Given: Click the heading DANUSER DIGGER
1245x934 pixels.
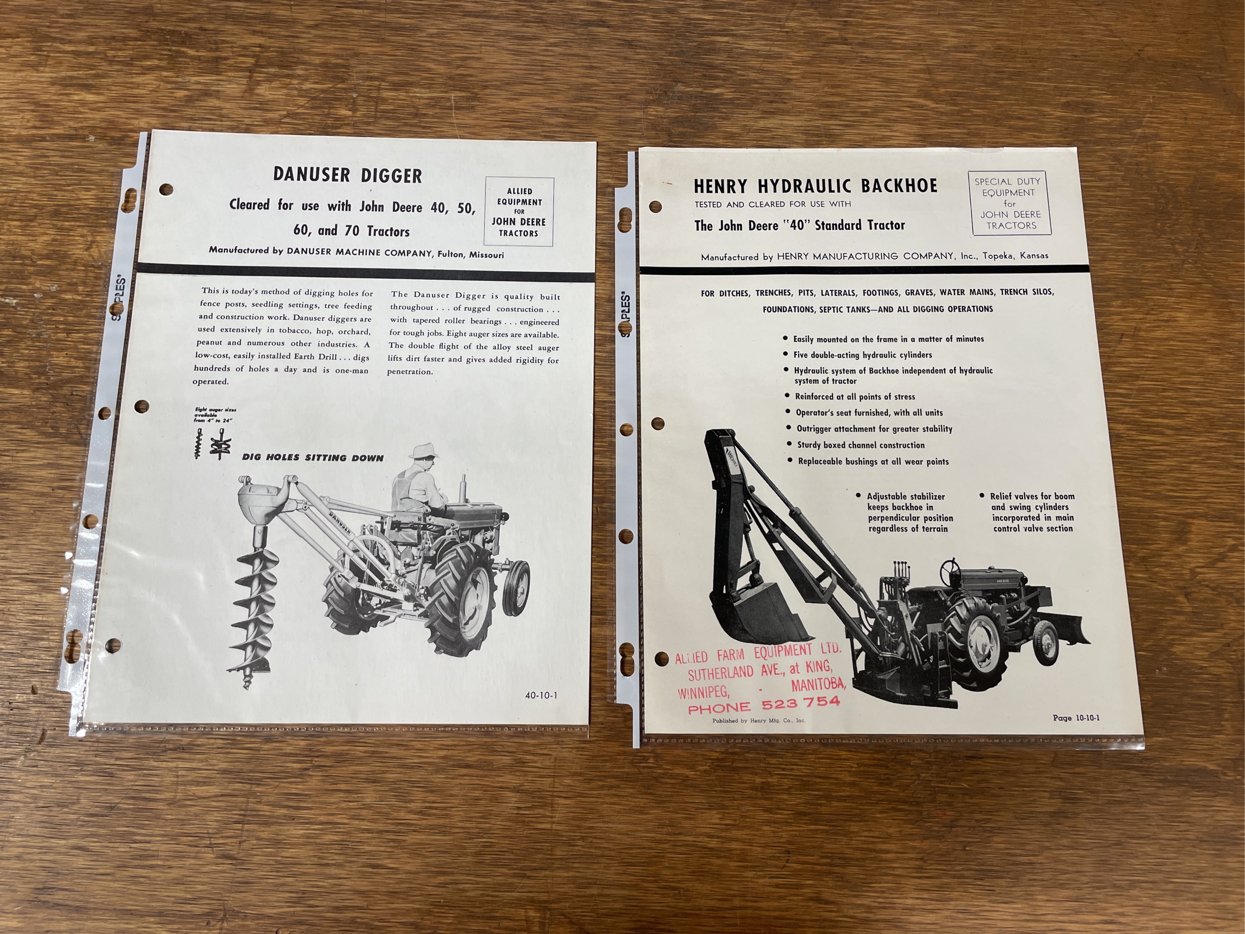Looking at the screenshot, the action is [347, 175].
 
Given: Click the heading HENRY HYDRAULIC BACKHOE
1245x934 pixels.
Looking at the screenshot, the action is [816, 186].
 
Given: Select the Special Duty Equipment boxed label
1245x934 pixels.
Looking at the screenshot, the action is [1010, 203].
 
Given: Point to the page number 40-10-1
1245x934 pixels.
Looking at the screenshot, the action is [541, 695].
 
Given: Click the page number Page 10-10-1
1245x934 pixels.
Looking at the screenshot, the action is [1076, 718].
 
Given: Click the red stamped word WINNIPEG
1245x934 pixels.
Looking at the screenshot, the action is [703, 690].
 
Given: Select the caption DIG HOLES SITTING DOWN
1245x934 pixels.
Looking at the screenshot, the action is [312, 458].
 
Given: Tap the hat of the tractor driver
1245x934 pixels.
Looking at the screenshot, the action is [424, 450].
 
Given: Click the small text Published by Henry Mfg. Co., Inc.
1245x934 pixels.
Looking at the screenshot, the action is [759, 720].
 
